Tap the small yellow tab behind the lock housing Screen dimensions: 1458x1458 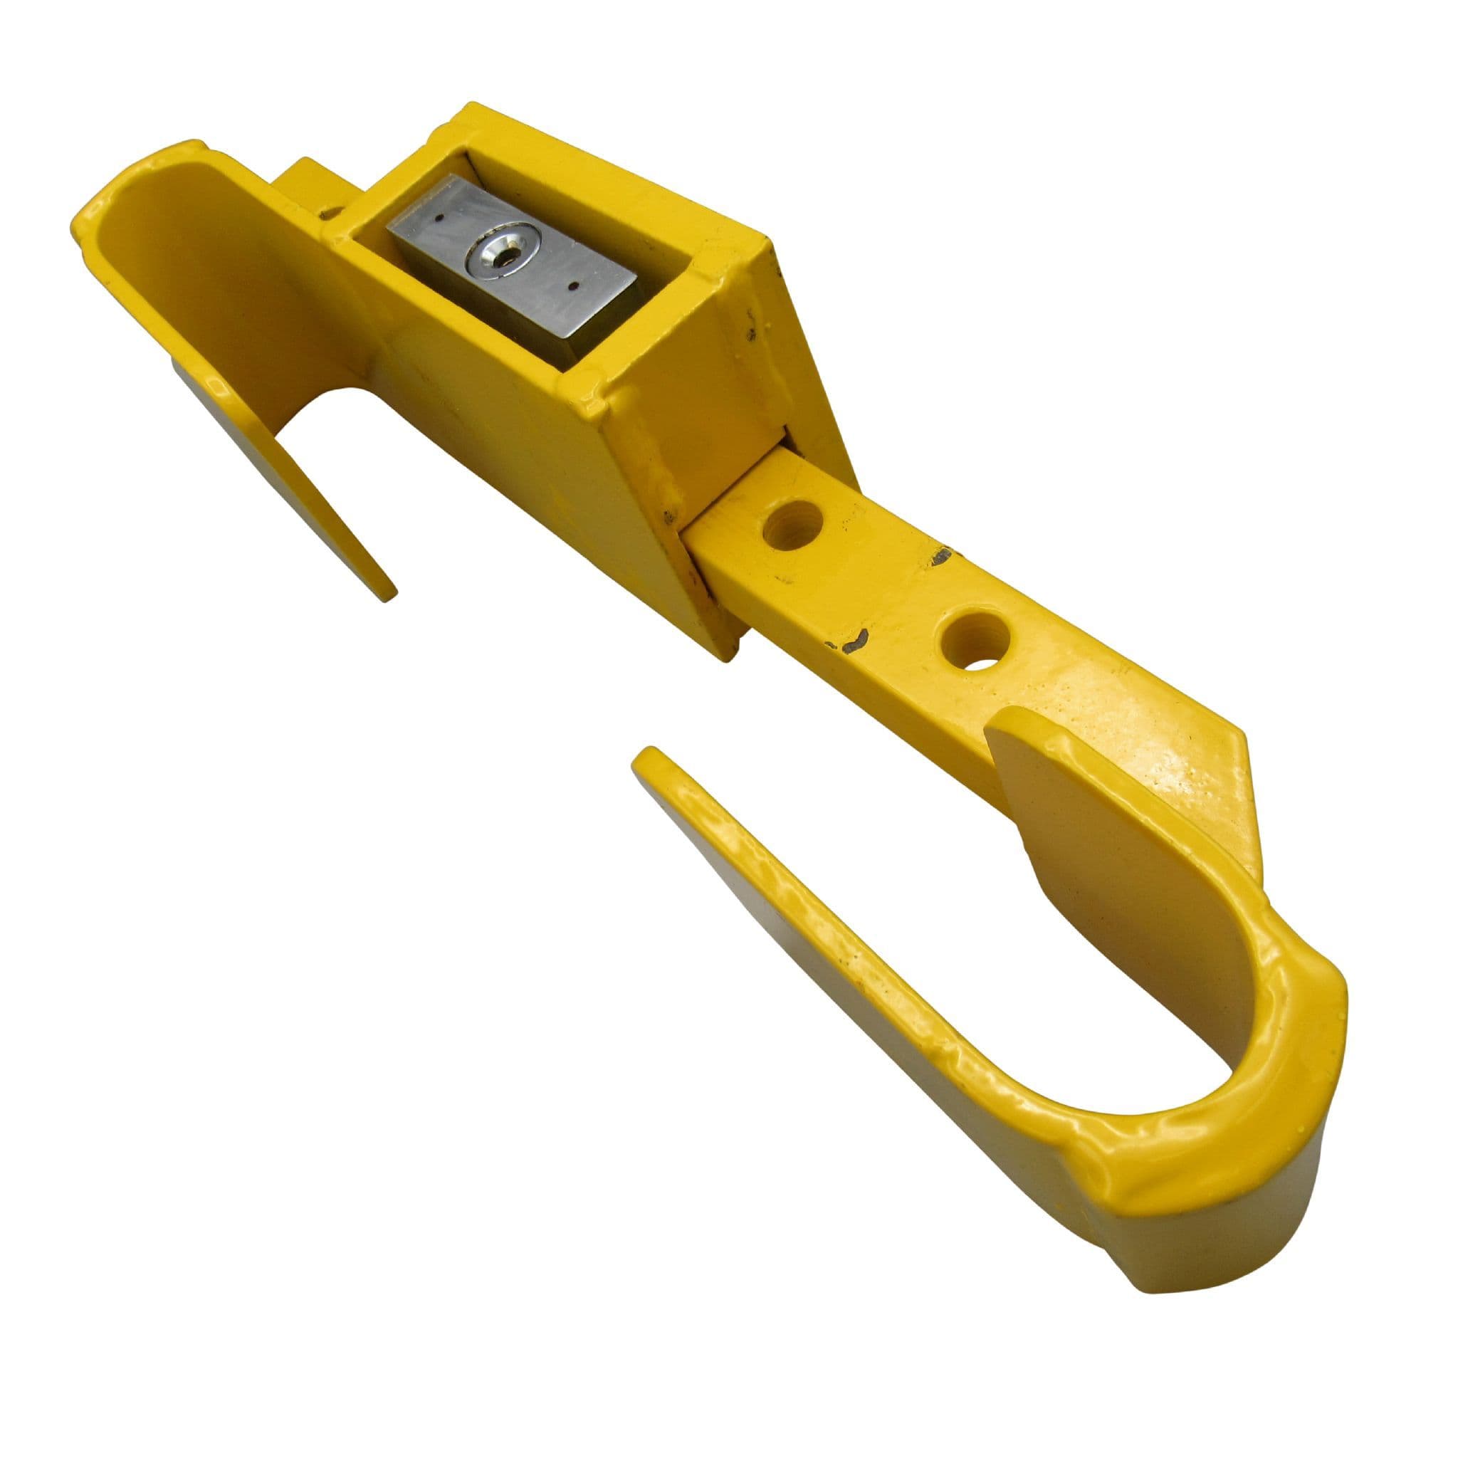310,181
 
